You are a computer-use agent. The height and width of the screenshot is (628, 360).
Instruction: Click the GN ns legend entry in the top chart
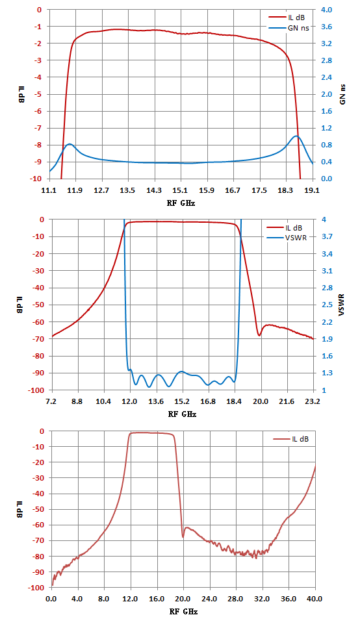(289, 28)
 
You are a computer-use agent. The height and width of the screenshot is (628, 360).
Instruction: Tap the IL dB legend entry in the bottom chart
(291, 439)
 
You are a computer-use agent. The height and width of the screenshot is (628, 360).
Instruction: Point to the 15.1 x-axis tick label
(180, 190)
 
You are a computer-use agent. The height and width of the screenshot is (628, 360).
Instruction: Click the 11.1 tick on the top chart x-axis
(49, 190)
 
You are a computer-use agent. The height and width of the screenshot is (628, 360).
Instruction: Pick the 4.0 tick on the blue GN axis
(326, 10)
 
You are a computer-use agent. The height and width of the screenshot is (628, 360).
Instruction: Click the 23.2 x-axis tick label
(313, 401)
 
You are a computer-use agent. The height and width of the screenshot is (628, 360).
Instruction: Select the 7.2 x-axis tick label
(51, 401)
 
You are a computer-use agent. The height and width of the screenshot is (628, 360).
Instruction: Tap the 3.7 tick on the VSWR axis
(327, 236)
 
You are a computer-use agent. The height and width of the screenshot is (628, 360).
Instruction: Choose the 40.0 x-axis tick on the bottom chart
(315, 599)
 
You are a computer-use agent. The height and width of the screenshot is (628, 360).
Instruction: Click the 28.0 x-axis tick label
(235, 599)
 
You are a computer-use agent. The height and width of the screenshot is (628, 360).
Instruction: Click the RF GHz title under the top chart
(181, 203)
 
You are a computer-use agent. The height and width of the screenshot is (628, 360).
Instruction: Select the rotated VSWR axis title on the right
(342, 305)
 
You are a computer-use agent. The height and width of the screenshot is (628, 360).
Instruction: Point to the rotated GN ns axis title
(342, 95)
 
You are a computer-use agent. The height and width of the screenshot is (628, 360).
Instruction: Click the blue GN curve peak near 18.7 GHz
(296, 136)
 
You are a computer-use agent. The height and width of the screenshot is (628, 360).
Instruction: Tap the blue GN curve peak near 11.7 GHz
(70, 144)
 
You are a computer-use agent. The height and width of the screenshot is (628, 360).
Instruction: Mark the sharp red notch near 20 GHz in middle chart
(259, 336)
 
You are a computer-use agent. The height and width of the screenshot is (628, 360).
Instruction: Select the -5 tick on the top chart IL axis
(39, 94)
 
